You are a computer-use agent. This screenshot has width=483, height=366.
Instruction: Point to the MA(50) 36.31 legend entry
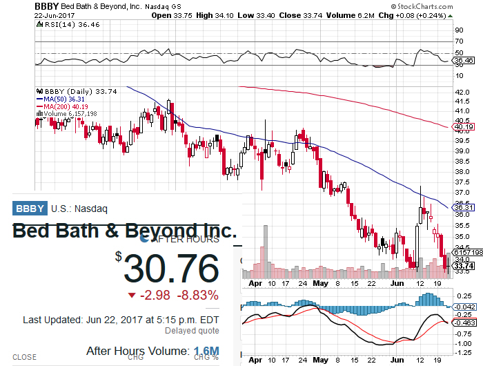(66, 99)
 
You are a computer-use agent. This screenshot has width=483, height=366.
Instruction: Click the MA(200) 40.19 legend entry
(68, 106)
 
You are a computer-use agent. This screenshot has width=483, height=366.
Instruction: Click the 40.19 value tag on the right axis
(464, 127)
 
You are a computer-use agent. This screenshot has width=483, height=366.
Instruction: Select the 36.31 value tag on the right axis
(464, 207)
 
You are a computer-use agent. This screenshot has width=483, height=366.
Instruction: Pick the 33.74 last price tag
(464, 266)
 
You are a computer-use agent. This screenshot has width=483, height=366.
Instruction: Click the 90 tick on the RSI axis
(459, 30)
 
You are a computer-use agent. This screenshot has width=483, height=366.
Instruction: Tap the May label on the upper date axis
(322, 282)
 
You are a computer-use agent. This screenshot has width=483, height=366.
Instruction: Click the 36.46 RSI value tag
(464, 61)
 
